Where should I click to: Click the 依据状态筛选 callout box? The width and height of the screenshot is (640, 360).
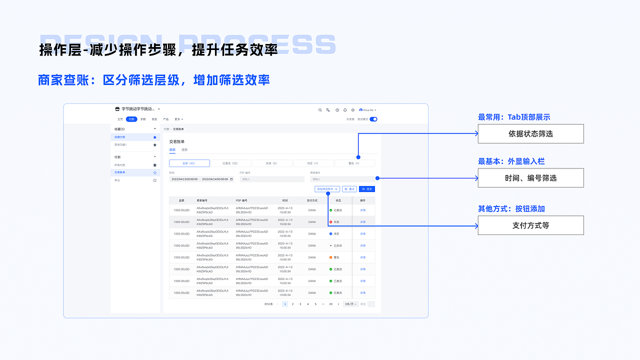point(530,133)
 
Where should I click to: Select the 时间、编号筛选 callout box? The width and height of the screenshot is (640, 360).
point(530,178)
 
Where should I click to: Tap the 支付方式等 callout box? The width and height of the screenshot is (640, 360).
point(530,225)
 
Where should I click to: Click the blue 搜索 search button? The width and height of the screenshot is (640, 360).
point(367,189)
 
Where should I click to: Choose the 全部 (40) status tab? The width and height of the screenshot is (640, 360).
point(189,163)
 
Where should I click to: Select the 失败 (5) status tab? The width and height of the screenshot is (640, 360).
point(271,163)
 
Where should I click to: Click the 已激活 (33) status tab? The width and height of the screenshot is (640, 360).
point(230,163)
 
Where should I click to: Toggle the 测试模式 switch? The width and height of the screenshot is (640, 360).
point(373,119)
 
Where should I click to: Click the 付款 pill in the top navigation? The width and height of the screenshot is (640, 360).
point(131,119)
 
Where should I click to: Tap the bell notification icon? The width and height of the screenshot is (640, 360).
point(345,110)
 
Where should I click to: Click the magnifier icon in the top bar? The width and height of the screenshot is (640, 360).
point(320,110)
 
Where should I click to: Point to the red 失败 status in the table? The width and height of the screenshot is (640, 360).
point(334,222)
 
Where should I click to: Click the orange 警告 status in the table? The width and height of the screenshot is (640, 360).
point(334,257)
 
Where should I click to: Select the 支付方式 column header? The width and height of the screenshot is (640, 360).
point(312,200)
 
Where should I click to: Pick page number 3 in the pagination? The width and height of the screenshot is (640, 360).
point(300,304)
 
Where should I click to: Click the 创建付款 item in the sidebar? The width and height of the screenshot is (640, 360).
point(120,137)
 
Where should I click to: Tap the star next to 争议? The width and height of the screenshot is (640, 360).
point(155,180)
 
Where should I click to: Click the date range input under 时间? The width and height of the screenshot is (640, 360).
point(201,179)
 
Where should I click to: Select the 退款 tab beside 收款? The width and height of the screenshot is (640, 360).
point(184,149)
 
